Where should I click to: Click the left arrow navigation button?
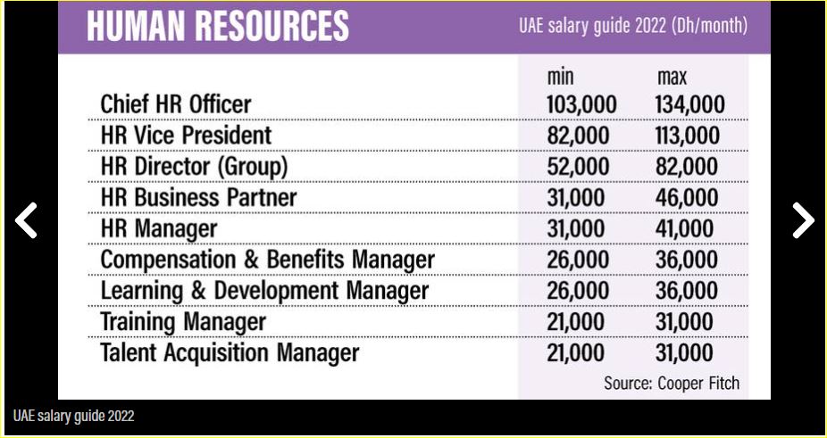click(27, 220)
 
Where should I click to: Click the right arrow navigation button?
click(802, 220)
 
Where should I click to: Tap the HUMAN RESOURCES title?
click(218, 26)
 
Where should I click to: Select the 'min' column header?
click(560, 78)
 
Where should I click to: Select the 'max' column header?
click(672, 78)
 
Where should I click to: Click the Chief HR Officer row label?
click(176, 104)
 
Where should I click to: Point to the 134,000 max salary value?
click(689, 105)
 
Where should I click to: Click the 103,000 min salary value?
click(581, 105)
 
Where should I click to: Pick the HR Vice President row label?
click(186, 136)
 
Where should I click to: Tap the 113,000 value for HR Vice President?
click(687, 136)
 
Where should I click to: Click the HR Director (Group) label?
click(194, 167)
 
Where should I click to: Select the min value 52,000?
click(578, 167)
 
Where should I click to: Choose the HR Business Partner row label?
click(198, 197)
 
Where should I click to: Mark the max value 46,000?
click(686, 197)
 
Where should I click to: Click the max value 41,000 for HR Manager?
click(686, 228)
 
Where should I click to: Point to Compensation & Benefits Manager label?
click(267, 260)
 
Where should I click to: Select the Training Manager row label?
click(183, 321)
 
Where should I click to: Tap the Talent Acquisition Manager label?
click(230, 352)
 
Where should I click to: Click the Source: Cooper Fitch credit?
click(672, 384)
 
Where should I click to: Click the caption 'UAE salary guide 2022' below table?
click(73, 416)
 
